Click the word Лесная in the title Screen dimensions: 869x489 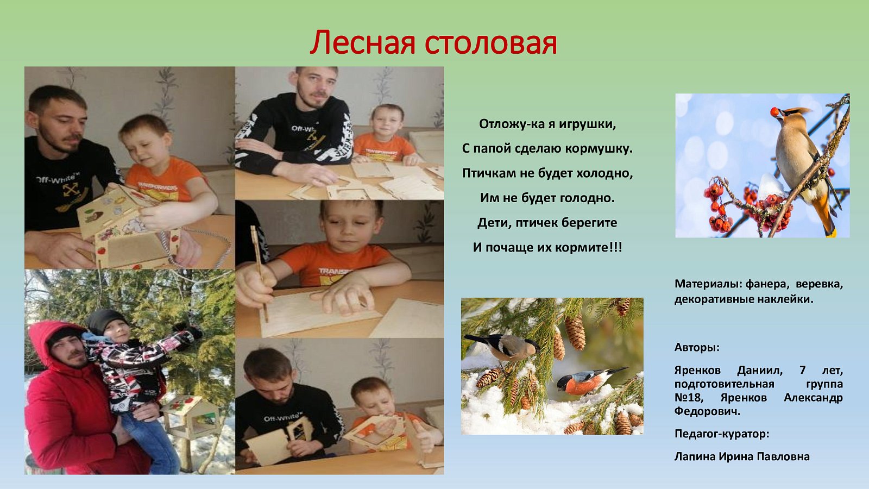point(362,43)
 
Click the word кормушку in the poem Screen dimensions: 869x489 point(599,149)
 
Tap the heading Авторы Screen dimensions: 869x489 point(697,347)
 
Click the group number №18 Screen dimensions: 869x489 point(688,398)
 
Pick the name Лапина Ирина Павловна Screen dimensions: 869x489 point(742,456)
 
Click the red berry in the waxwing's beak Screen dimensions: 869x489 point(774,112)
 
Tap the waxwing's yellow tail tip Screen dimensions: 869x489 point(832,233)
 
